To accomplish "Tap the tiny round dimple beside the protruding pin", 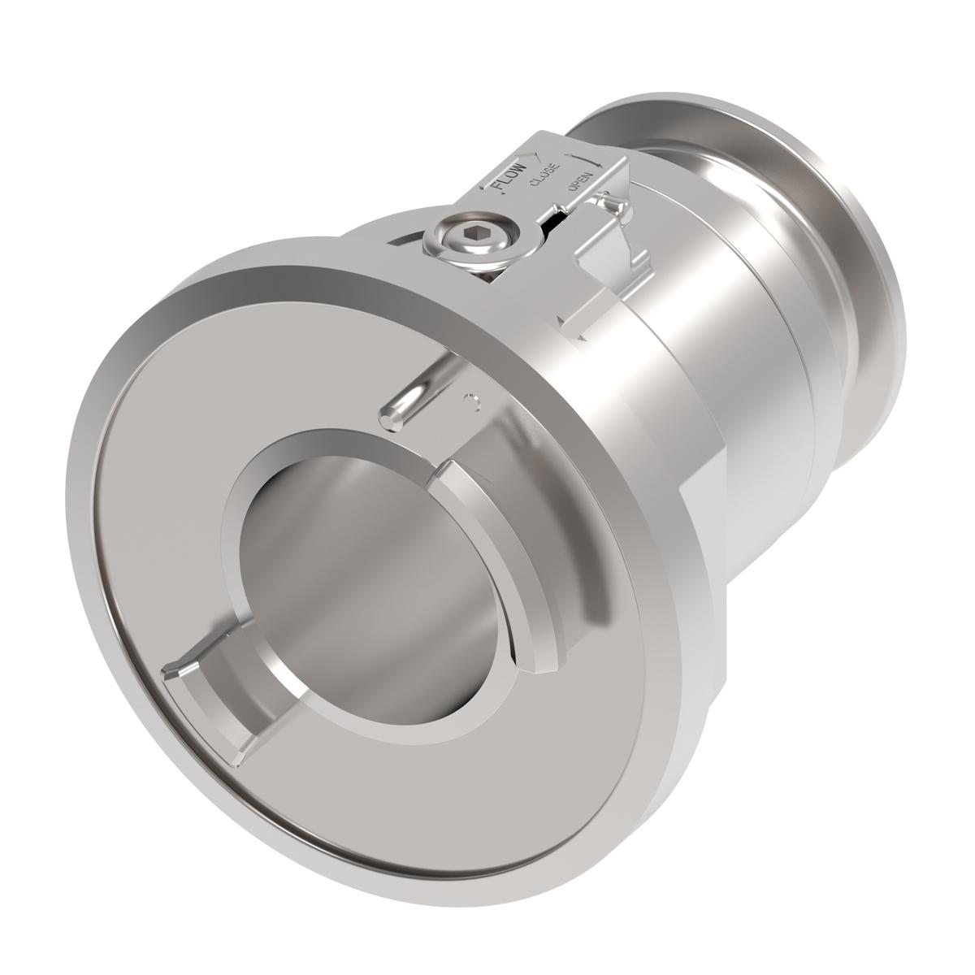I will (x=466, y=399).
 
